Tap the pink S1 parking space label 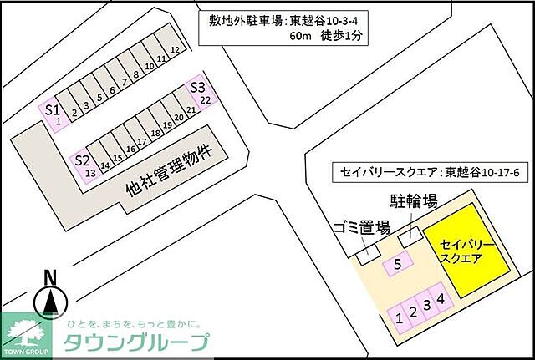(x=51, y=109)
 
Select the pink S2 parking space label (x=81, y=160)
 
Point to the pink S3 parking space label (x=198, y=86)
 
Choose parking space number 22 (x=205, y=100)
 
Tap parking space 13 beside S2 (x=89, y=172)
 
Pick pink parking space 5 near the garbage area (x=398, y=266)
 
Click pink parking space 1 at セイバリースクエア (x=400, y=317)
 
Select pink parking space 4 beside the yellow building (x=441, y=297)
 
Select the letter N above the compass (x=50, y=276)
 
